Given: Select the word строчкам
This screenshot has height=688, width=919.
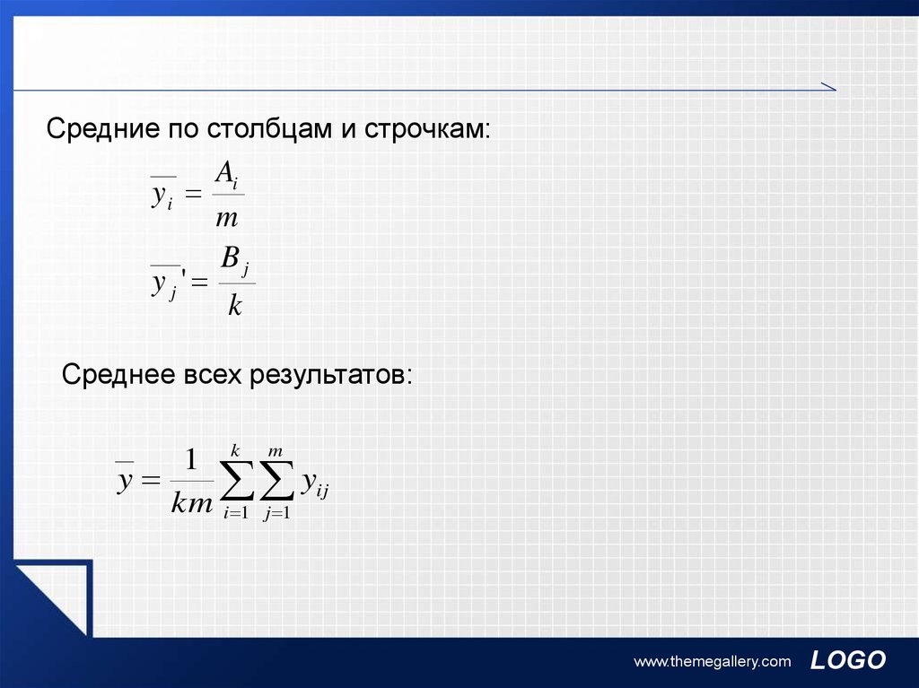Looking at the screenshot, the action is click(426, 129).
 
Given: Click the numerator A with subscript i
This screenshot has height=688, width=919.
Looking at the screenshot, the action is click(227, 174).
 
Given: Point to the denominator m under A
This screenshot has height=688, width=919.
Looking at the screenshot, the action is click(227, 219).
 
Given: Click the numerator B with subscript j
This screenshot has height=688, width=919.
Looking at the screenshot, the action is click(235, 260).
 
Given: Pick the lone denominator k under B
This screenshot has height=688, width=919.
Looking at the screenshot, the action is click(234, 304).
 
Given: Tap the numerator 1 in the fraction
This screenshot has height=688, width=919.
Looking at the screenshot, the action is click(191, 459).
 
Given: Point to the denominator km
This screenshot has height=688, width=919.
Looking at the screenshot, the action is click(192, 503).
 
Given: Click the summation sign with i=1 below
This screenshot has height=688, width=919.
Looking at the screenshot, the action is click(237, 481).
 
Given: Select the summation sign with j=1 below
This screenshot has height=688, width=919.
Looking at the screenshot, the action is click(276, 481).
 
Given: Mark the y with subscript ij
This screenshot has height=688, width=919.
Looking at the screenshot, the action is click(315, 484).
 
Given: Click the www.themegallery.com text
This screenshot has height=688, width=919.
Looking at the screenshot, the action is click(712, 662).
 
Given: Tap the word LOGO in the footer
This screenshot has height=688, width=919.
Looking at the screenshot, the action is click(847, 660).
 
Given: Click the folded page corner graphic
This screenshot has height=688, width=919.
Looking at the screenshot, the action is click(53, 598).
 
